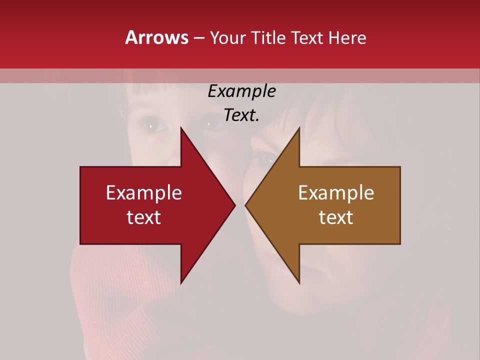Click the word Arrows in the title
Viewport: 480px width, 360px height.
click(x=157, y=37)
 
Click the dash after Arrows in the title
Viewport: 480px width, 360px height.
click(x=198, y=38)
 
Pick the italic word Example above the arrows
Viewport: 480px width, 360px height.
click(x=241, y=91)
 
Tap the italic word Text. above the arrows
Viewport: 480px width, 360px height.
click(x=241, y=115)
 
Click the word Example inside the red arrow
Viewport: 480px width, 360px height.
click(x=144, y=193)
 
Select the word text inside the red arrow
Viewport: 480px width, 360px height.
click(x=144, y=217)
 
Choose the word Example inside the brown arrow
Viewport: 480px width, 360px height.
click(x=336, y=193)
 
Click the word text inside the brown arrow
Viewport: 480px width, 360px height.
click(x=336, y=217)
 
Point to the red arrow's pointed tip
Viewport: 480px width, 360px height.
click(x=235, y=205)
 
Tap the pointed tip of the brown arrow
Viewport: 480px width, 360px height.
click(x=245, y=205)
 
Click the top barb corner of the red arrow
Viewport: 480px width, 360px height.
click(x=181, y=127)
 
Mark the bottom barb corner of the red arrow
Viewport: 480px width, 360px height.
click(x=181, y=283)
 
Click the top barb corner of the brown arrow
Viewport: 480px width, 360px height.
click(x=299, y=127)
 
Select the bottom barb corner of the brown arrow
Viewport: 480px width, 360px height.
click(x=299, y=283)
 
